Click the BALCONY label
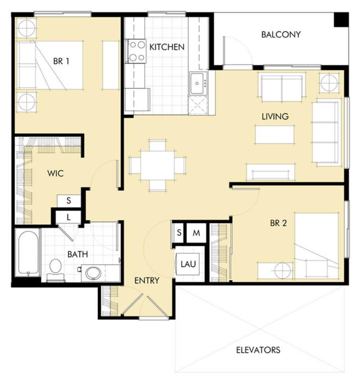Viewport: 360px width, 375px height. click(281, 35)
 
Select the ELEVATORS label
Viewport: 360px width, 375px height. click(258, 350)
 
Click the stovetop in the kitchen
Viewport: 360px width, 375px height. click(137, 51)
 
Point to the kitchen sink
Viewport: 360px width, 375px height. click(197, 83)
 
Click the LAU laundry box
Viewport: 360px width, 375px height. click(188, 264)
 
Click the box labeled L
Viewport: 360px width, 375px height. click(68, 217)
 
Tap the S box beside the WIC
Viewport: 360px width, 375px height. click(68, 201)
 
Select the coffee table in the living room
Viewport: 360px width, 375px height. click(275, 134)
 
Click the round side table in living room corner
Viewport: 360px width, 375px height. click(329, 83)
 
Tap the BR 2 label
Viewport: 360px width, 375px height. click(278, 223)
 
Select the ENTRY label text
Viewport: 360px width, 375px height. click(147, 281)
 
